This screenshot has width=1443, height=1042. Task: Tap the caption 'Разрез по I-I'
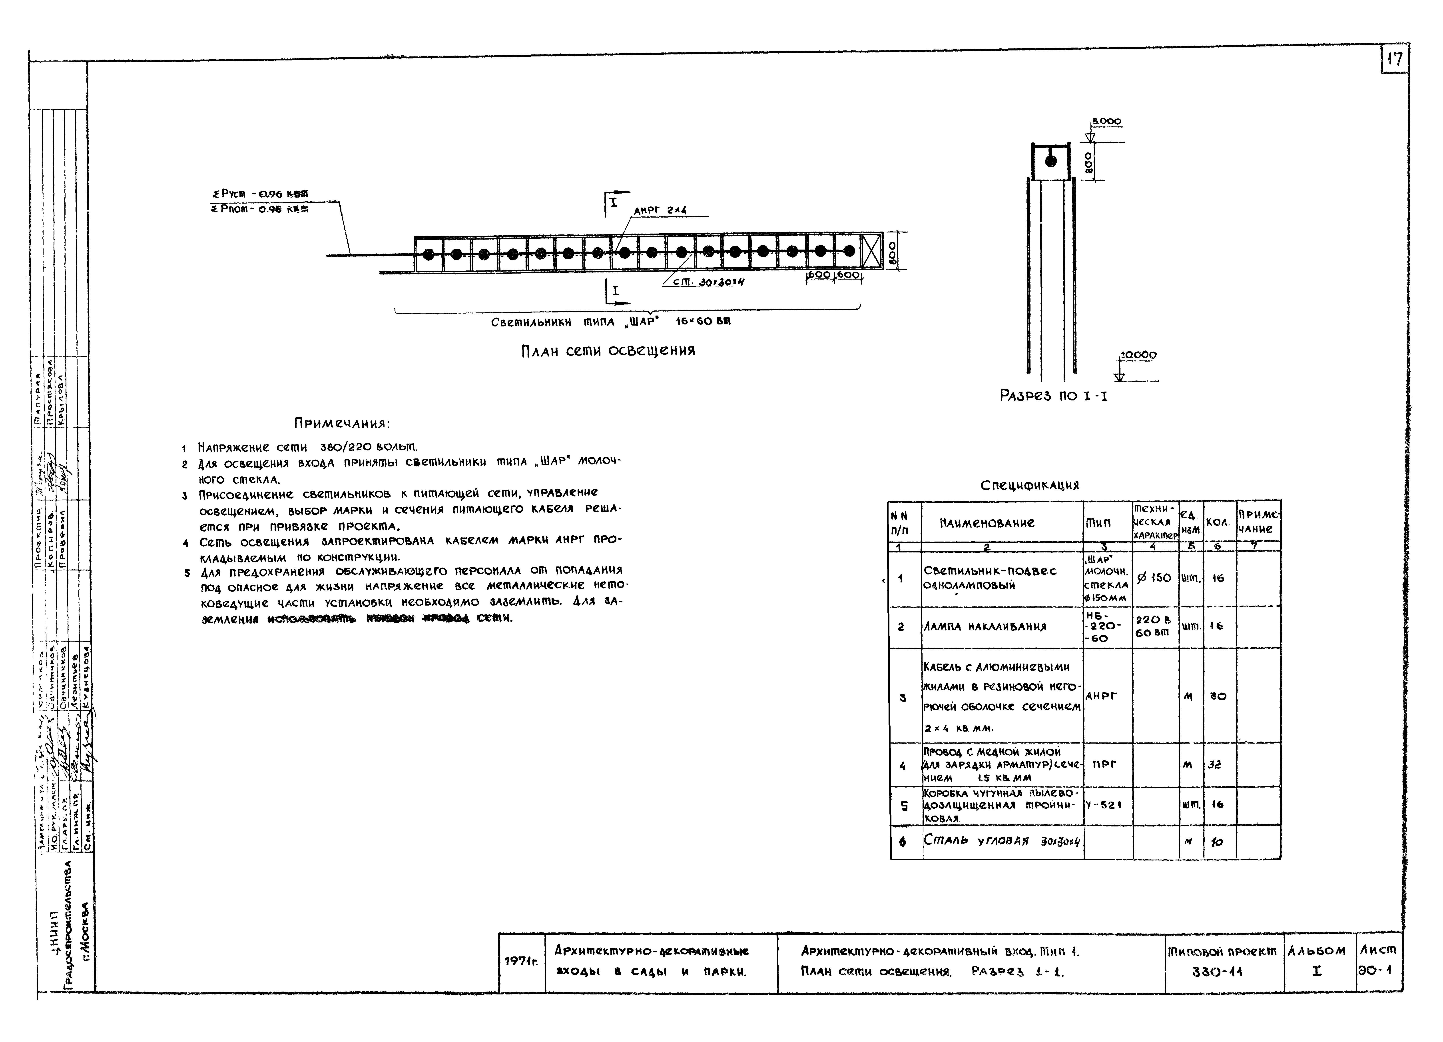click(x=1053, y=396)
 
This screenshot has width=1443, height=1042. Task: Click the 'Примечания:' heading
click(x=342, y=423)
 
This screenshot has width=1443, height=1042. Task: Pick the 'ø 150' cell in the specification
click(x=1154, y=578)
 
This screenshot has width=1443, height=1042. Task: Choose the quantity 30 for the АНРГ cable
click(x=1218, y=696)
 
